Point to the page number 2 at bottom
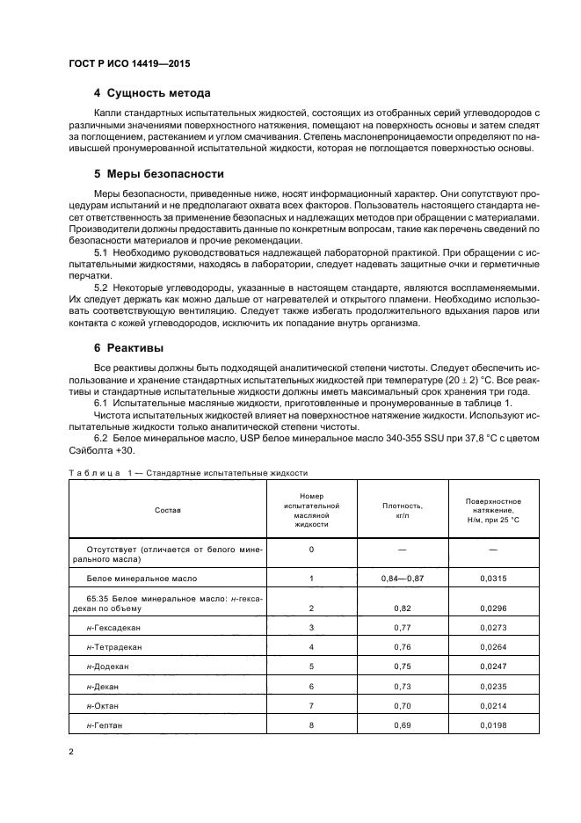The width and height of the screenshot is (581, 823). click(x=71, y=752)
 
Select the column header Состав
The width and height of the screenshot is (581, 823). click(x=167, y=509)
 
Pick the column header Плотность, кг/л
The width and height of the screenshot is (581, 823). click(x=403, y=510)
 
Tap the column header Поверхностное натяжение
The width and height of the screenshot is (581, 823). click(x=492, y=510)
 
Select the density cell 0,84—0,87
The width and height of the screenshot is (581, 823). click(x=403, y=579)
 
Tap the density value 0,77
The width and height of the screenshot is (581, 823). click(x=403, y=627)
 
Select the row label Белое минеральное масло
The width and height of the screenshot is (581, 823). click(x=142, y=579)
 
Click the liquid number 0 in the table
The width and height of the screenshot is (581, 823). click(x=311, y=550)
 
